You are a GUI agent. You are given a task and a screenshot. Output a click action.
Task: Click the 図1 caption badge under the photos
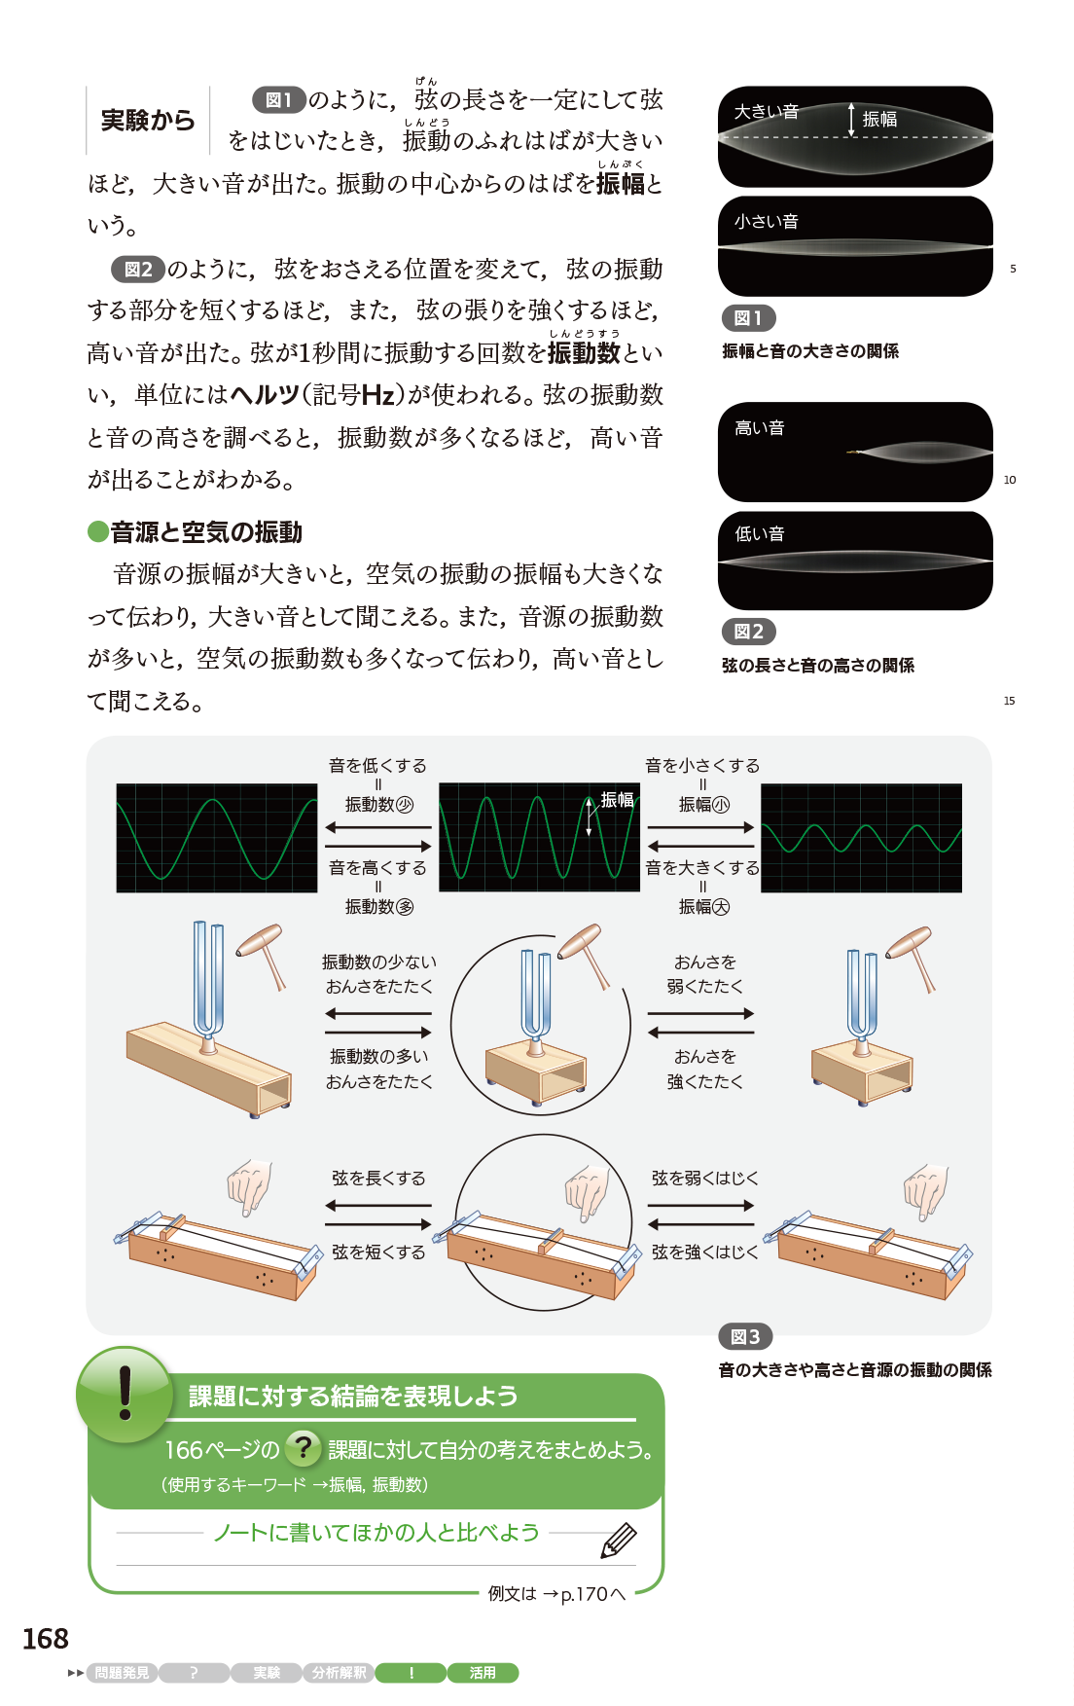click(x=748, y=318)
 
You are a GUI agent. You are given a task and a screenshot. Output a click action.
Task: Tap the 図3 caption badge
click(x=745, y=1337)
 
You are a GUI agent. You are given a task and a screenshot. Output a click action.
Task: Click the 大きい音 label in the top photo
click(x=767, y=112)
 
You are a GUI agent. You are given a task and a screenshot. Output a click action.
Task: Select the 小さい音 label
click(x=767, y=222)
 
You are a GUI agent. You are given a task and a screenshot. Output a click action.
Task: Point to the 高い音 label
click(x=760, y=428)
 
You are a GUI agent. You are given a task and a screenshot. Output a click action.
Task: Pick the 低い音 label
click(x=760, y=534)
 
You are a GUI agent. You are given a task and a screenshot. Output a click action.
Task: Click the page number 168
click(x=46, y=1639)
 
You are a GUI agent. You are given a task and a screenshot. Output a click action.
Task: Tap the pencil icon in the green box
click(x=619, y=1541)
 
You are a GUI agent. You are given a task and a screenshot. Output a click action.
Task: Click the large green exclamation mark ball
click(x=125, y=1395)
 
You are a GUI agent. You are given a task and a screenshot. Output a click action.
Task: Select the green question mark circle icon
click(x=304, y=1448)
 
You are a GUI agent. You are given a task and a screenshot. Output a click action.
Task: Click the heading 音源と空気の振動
click(x=206, y=532)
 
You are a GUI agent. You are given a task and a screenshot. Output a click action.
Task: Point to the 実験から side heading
click(x=148, y=121)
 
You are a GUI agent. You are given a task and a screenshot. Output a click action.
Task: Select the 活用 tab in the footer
click(x=483, y=1673)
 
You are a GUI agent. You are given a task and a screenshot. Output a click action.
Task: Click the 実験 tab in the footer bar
click(x=267, y=1673)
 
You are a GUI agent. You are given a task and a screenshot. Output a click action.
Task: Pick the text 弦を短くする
click(x=378, y=1252)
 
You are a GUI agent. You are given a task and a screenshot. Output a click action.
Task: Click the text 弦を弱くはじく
click(x=705, y=1179)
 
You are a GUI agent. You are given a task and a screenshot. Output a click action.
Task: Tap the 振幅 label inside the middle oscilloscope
click(x=618, y=800)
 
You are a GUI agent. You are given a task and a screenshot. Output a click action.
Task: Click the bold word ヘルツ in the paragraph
click(x=265, y=395)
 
